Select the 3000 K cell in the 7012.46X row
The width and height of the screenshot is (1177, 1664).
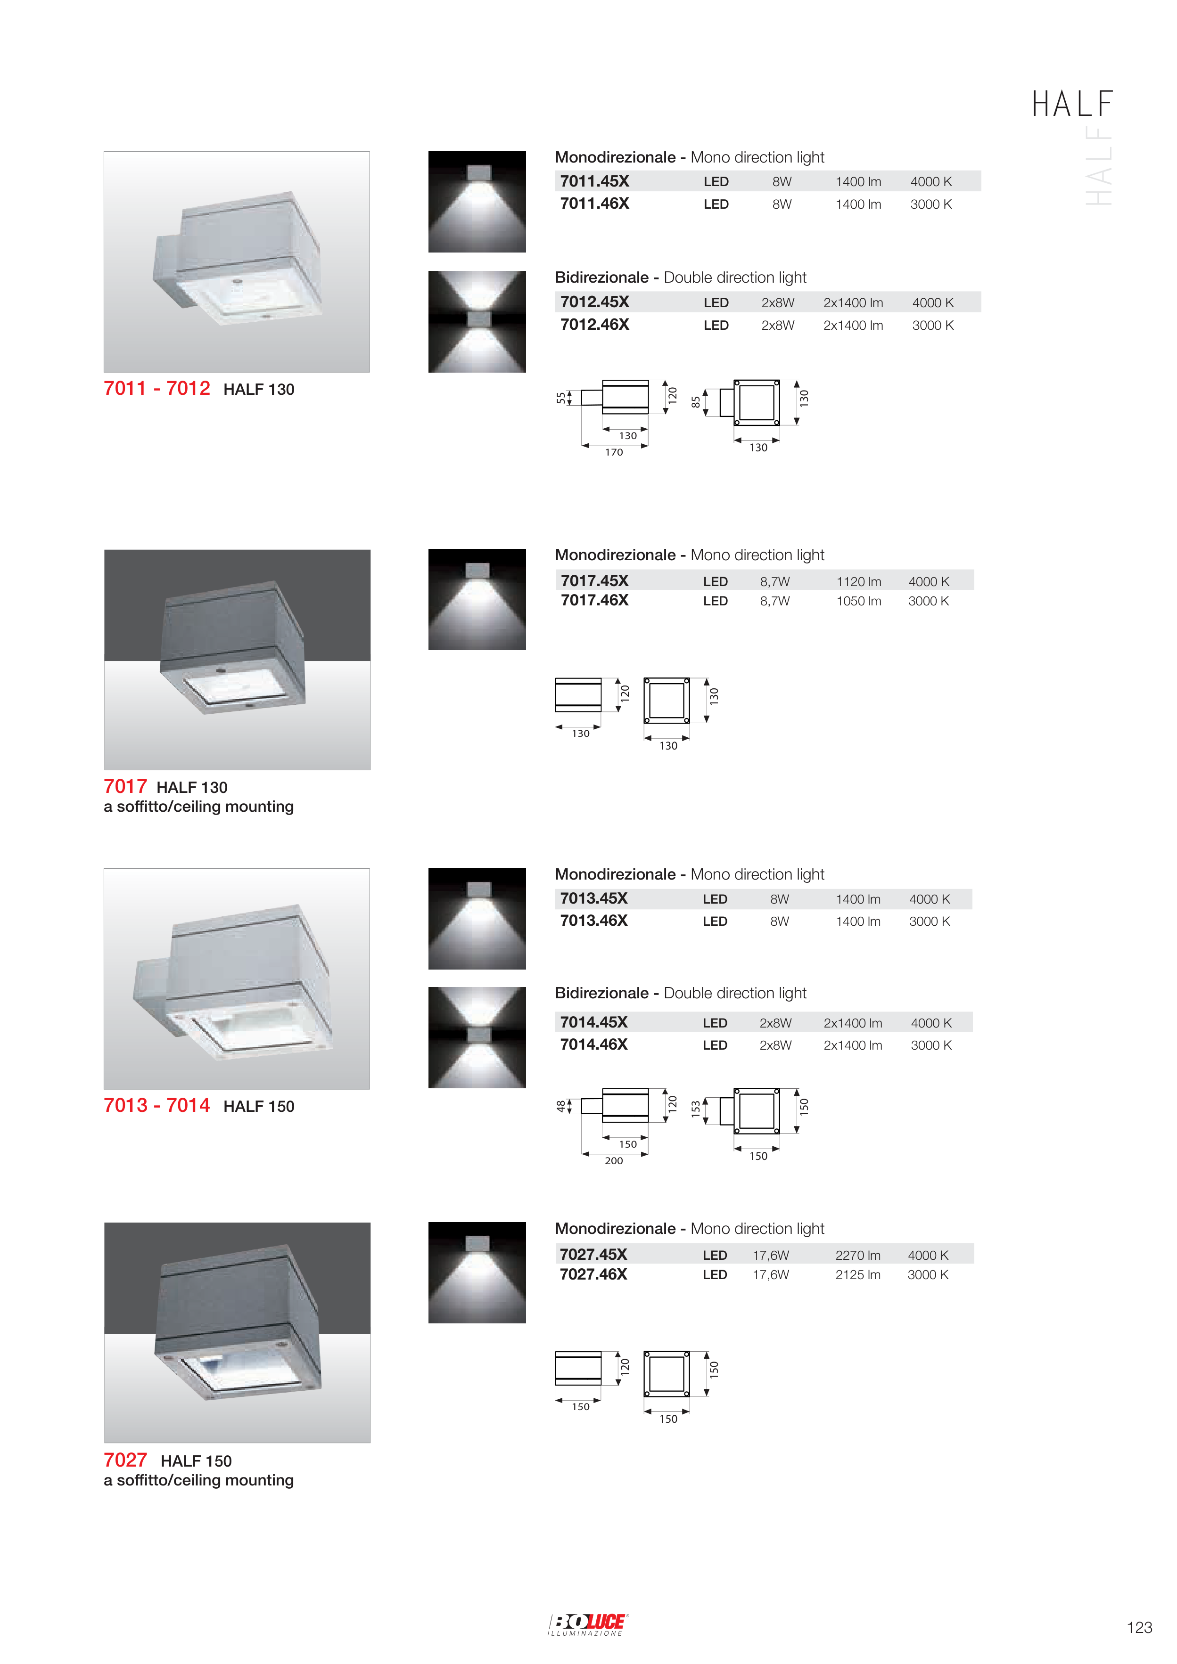pyautogui.click(x=933, y=326)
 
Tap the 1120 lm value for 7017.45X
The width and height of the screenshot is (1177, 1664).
pyautogui.click(x=859, y=581)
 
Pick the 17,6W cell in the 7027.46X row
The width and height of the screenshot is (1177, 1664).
pyautogui.click(x=770, y=1274)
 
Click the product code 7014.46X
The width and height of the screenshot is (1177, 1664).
pyautogui.click(x=593, y=1044)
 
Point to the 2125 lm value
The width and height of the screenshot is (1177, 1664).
pyautogui.click(x=858, y=1274)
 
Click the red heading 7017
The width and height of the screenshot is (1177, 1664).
pyautogui.click(x=125, y=786)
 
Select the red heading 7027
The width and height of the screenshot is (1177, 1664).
pyautogui.click(x=125, y=1460)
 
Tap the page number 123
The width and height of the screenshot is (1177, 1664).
pyautogui.click(x=1139, y=1627)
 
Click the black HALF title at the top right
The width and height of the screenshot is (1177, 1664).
pyautogui.click(x=1072, y=105)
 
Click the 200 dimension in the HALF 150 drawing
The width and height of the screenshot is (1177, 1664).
pyautogui.click(x=614, y=1161)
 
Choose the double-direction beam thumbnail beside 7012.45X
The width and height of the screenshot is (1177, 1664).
pyautogui.click(x=477, y=322)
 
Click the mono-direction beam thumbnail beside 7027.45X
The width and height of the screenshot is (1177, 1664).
pyautogui.click(x=477, y=1272)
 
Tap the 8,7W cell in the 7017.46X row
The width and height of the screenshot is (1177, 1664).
pyautogui.click(x=774, y=601)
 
